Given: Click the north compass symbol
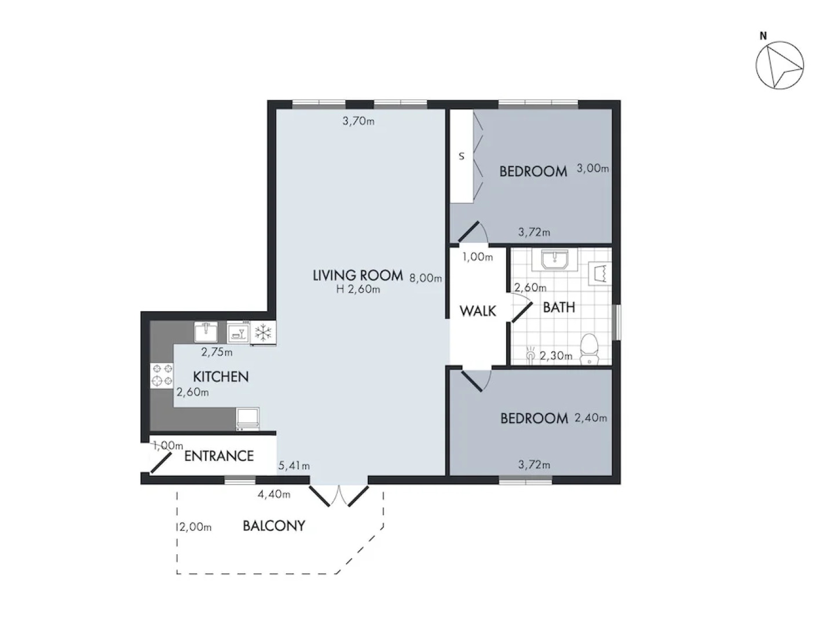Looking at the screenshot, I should [780, 65].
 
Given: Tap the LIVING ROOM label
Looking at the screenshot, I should [357, 275].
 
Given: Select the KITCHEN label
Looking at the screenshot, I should [221, 377].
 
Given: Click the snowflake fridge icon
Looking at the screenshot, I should [264, 333].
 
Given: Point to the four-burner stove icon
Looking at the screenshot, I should [162, 374].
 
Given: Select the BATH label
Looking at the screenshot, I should [559, 307].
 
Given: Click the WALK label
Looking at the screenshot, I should [478, 311].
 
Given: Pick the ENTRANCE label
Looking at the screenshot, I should [219, 456].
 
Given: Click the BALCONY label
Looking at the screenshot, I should [273, 526].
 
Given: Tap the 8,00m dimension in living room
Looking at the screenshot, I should [426, 278].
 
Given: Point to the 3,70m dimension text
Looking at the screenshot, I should [358, 121].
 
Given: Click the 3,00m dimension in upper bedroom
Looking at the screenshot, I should [592, 169].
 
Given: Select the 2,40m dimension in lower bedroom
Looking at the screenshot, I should [590, 417].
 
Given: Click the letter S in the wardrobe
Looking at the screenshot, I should [462, 156].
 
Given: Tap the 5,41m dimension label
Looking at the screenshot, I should [294, 465].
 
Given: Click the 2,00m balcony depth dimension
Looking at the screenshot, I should [195, 527].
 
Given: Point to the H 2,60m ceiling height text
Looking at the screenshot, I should [358, 289].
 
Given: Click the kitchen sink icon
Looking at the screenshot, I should [206, 332].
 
